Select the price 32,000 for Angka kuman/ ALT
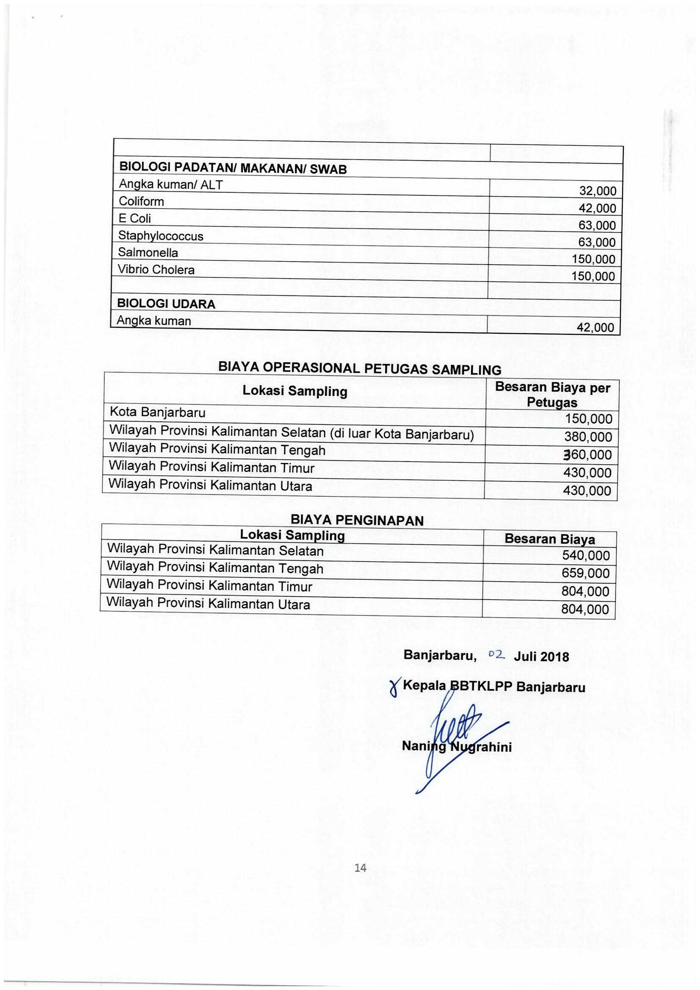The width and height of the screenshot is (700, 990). [x=598, y=191]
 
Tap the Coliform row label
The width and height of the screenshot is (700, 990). [x=141, y=201]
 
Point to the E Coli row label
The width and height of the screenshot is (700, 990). [x=135, y=218]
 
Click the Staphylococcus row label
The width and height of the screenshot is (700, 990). [x=160, y=236]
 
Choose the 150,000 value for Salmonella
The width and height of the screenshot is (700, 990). [x=593, y=259]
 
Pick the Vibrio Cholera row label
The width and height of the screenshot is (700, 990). [x=156, y=270]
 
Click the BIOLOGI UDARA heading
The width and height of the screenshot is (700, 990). [x=166, y=303]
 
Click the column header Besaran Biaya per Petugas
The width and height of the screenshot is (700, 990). [x=552, y=394]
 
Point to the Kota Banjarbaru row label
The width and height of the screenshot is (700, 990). [x=157, y=412]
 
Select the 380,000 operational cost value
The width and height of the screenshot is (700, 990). [x=588, y=437]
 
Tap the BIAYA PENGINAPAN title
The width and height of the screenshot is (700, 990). [x=357, y=521]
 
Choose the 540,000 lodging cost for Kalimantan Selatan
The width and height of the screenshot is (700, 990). [x=586, y=556]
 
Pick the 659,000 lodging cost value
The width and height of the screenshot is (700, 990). [x=585, y=574]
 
